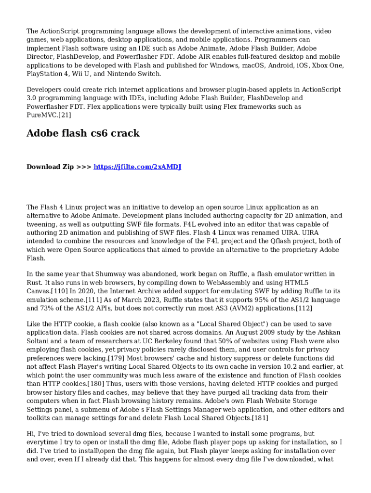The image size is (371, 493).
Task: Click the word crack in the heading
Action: pyautogui.click(x=124, y=133)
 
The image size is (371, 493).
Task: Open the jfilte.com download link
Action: pyautogui.click(x=137, y=167)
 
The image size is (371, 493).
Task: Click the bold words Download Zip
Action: pyautogui.click(x=50, y=167)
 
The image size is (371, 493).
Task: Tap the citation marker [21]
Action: pyautogui.click(x=65, y=115)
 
